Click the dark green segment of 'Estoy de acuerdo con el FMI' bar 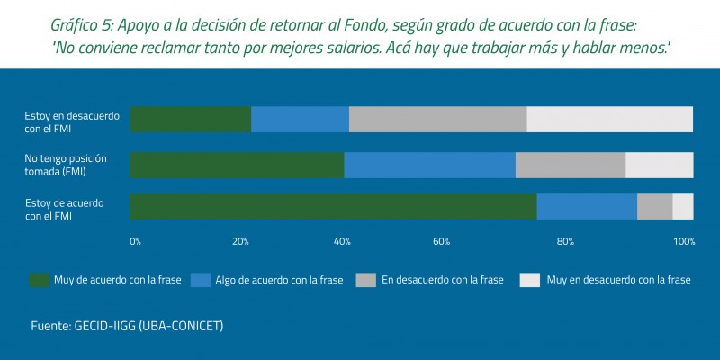[333, 206]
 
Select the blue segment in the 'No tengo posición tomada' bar [429, 165]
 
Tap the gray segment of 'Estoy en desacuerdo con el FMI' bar [437, 119]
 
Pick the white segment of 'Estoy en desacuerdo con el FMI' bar [609, 119]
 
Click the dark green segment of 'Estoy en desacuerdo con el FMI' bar [190, 119]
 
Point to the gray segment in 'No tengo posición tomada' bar [570, 165]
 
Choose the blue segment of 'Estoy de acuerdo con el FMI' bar [587, 206]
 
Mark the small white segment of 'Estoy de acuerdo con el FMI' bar [683, 206]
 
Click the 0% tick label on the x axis [135, 241]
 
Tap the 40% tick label [342, 241]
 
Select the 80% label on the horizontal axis [565, 241]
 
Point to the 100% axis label [684, 241]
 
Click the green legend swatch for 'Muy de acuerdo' [39, 280]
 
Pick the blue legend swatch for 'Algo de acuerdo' [200, 280]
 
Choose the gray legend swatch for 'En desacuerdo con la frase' [366, 280]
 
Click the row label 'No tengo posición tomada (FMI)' [65, 165]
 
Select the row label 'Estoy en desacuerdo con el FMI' [65, 121]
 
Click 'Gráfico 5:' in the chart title [87, 25]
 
